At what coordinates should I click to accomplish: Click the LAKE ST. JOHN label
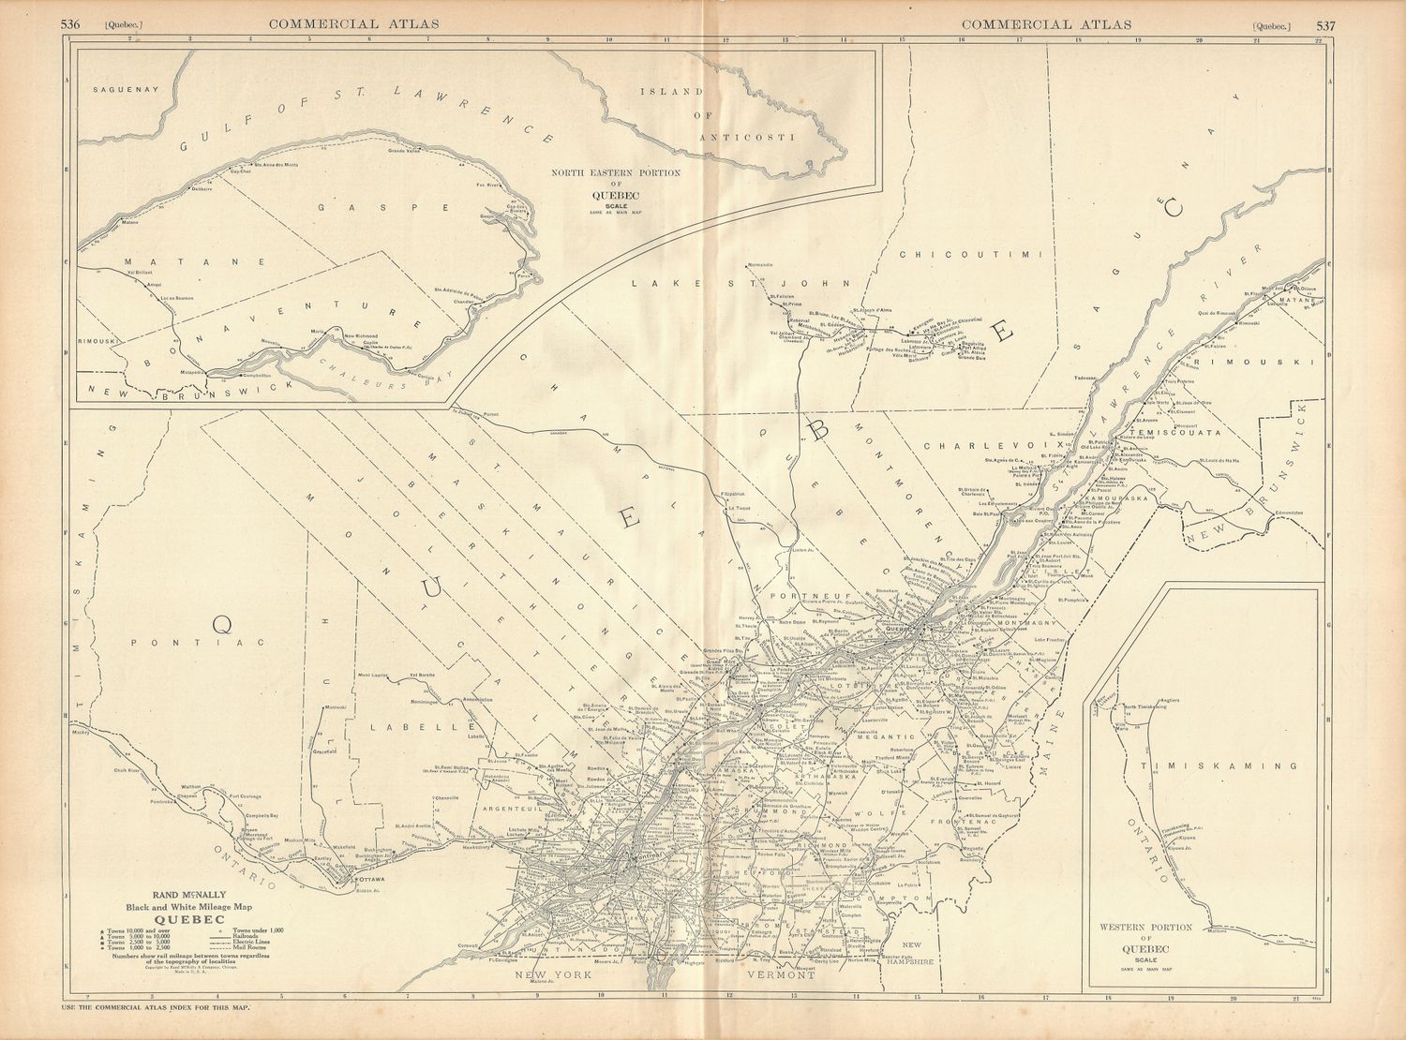click(739, 282)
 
